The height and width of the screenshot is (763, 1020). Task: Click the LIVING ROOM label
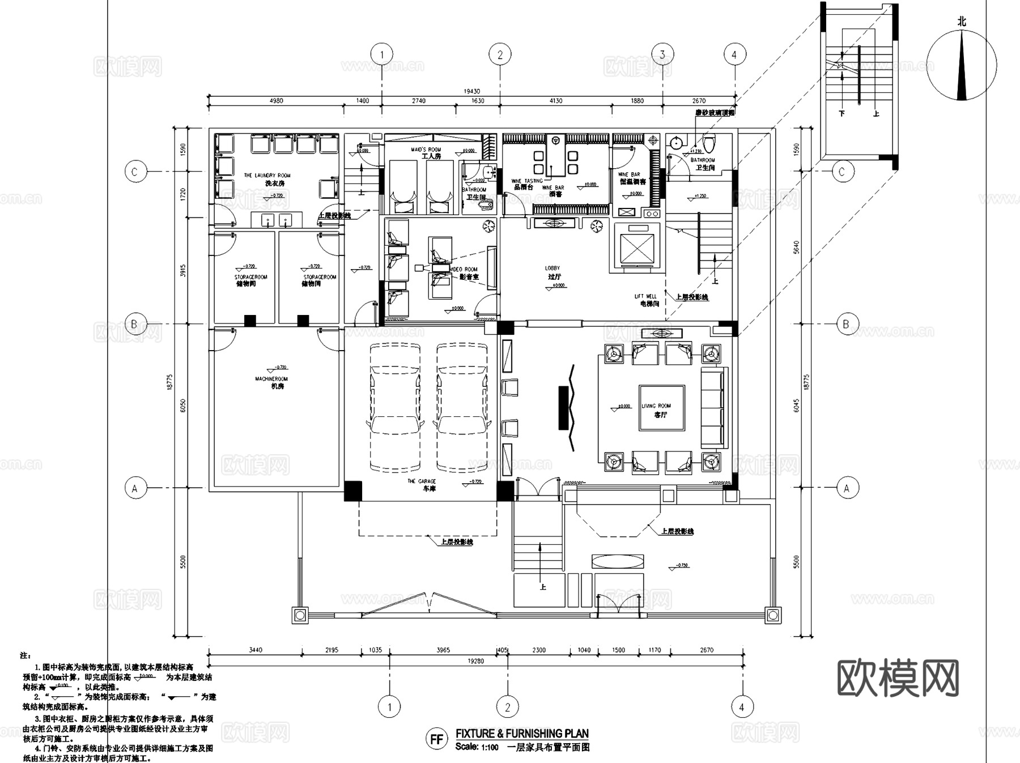point(656,406)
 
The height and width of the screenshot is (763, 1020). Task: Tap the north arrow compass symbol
point(962,66)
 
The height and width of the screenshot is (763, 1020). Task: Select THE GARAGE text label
point(422,481)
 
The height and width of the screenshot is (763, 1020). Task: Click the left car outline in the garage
point(396,407)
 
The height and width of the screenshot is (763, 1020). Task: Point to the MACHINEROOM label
point(271,379)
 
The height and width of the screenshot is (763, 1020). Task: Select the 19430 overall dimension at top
point(471,91)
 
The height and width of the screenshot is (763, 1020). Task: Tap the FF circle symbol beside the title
point(436,739)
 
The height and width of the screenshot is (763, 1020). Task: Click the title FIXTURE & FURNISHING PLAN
point(522,734)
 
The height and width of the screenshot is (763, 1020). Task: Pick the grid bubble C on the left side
point(135,172)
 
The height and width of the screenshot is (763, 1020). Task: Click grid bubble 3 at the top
point(662,55)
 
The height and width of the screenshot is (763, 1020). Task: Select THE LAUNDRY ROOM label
point(267,176)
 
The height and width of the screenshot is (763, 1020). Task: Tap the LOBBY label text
point(552,268)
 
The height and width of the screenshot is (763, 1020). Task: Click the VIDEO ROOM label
point(464,270)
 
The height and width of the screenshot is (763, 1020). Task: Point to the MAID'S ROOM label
point(426,150)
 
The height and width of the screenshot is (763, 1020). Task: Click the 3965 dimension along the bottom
point(443,650)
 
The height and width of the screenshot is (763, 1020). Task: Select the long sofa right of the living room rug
point(713,407)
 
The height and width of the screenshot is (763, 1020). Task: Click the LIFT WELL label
point(645,296)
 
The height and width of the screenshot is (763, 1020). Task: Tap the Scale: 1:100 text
point(477,747)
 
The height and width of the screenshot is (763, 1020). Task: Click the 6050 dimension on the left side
point(182,406)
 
